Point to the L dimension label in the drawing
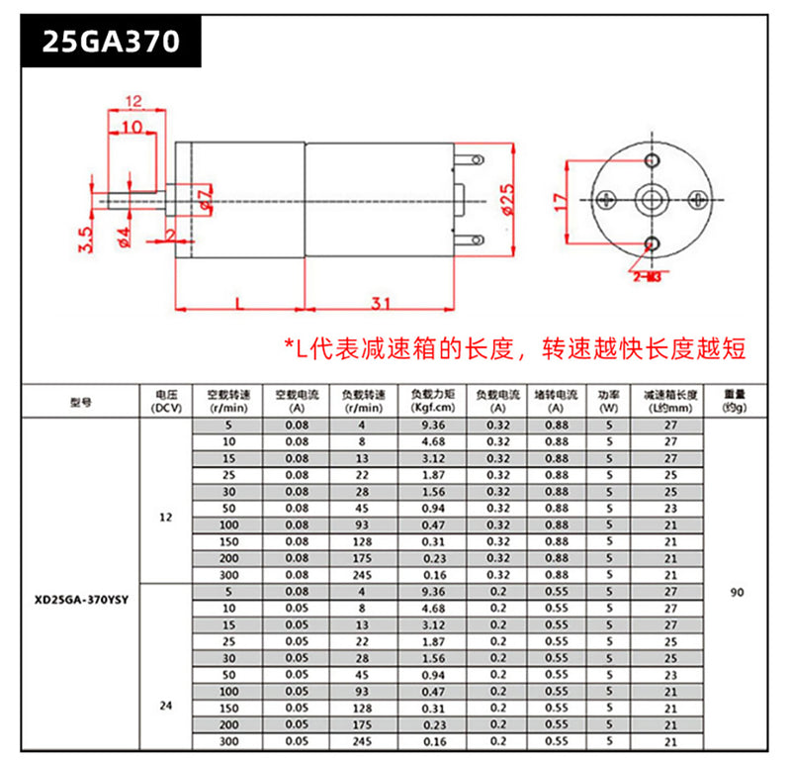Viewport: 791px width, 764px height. coord(240,303)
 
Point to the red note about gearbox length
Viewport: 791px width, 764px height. coord(514,348)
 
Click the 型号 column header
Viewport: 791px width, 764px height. coord(81,401)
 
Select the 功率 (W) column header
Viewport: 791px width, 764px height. coord(609,401)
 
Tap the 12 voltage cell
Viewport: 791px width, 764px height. coord(165,517)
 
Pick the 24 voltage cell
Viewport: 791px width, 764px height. coord(165,707)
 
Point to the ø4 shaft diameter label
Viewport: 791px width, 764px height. coord(125,239)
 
